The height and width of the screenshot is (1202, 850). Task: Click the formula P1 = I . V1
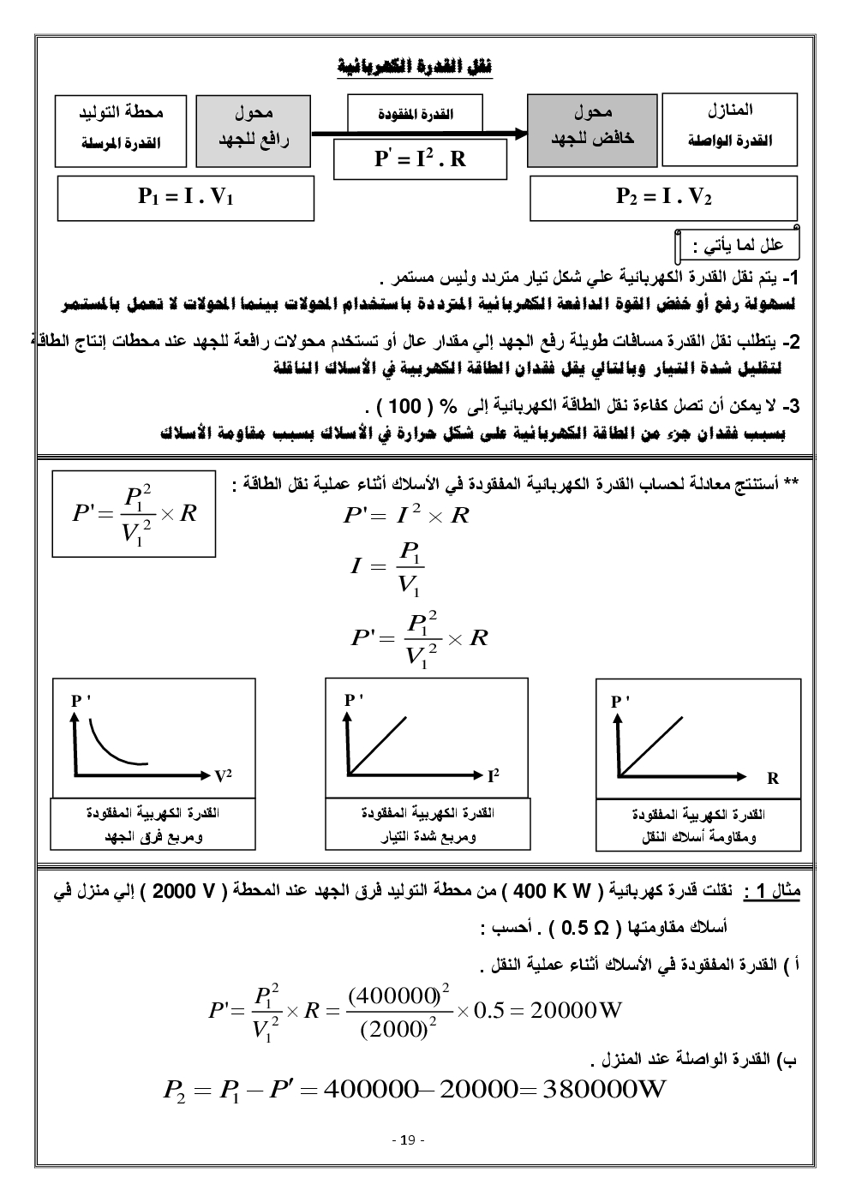186,198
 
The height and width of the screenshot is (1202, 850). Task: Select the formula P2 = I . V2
663,198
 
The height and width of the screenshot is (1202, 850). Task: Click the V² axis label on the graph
223,776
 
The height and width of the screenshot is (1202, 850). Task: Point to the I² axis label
493,776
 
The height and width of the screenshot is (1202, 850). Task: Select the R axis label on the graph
773,778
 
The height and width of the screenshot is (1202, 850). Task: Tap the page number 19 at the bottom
408,1140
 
